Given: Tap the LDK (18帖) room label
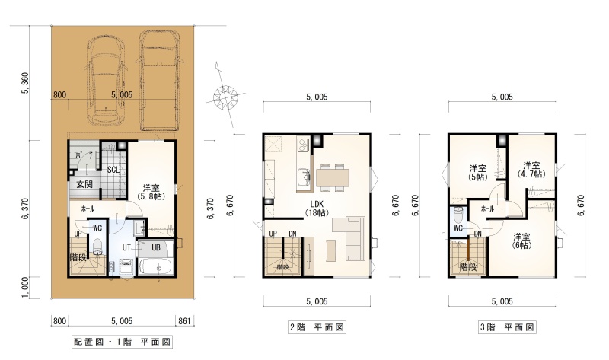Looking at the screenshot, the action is (317, 208).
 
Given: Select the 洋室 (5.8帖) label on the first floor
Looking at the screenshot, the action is (151, 193).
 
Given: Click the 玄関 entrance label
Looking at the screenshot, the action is (84, 183).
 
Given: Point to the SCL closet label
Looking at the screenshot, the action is (113, 170).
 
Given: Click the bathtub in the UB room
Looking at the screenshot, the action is (156, 267).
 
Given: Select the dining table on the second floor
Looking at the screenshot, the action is (332, 178).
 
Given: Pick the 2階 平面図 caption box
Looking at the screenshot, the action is (317, 327).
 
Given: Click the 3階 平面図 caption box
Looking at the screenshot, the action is (507, 327).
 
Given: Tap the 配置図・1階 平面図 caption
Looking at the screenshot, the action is (122, 342).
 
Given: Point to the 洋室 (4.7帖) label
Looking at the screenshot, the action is (531, 170).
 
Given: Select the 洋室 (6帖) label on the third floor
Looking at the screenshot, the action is (522, 241).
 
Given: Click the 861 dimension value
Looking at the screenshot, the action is (184, 320).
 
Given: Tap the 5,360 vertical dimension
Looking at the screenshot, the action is (26, 83).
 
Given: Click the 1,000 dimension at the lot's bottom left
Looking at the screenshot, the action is (24, 288).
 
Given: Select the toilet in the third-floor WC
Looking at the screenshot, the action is (459, 214).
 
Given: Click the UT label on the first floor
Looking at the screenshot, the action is (126, 247).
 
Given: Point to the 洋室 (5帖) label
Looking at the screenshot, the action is (477, 173).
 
